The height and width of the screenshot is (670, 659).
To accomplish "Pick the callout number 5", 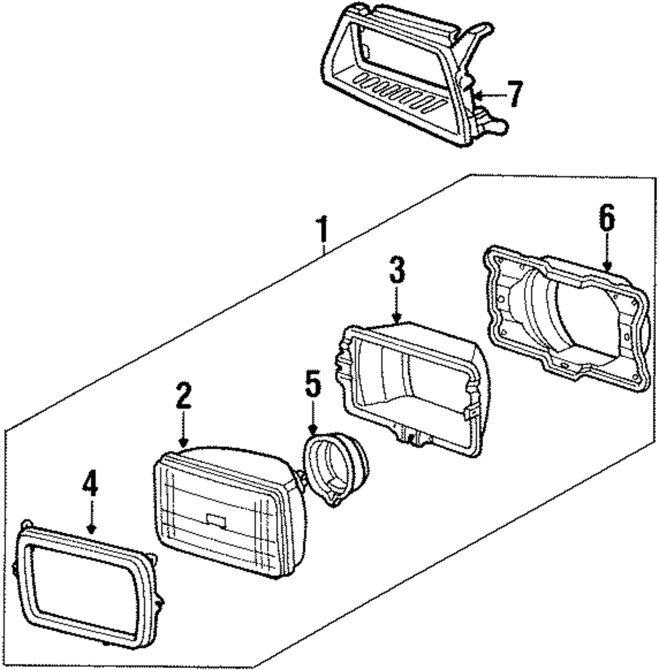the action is tap(312, 385).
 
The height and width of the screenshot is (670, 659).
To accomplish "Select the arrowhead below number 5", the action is tap(313, 432).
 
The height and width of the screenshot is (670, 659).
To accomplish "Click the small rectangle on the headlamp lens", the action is tap(216, 519).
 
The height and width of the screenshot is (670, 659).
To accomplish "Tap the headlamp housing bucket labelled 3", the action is tap(412, 382).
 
